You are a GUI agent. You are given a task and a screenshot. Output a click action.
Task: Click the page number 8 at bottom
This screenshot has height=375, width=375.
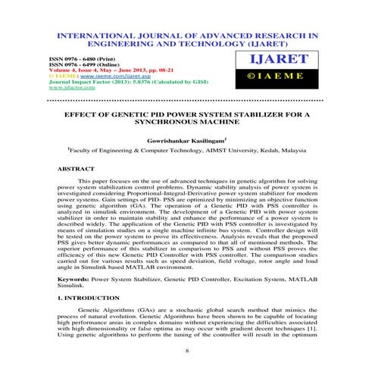coord(187,351)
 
